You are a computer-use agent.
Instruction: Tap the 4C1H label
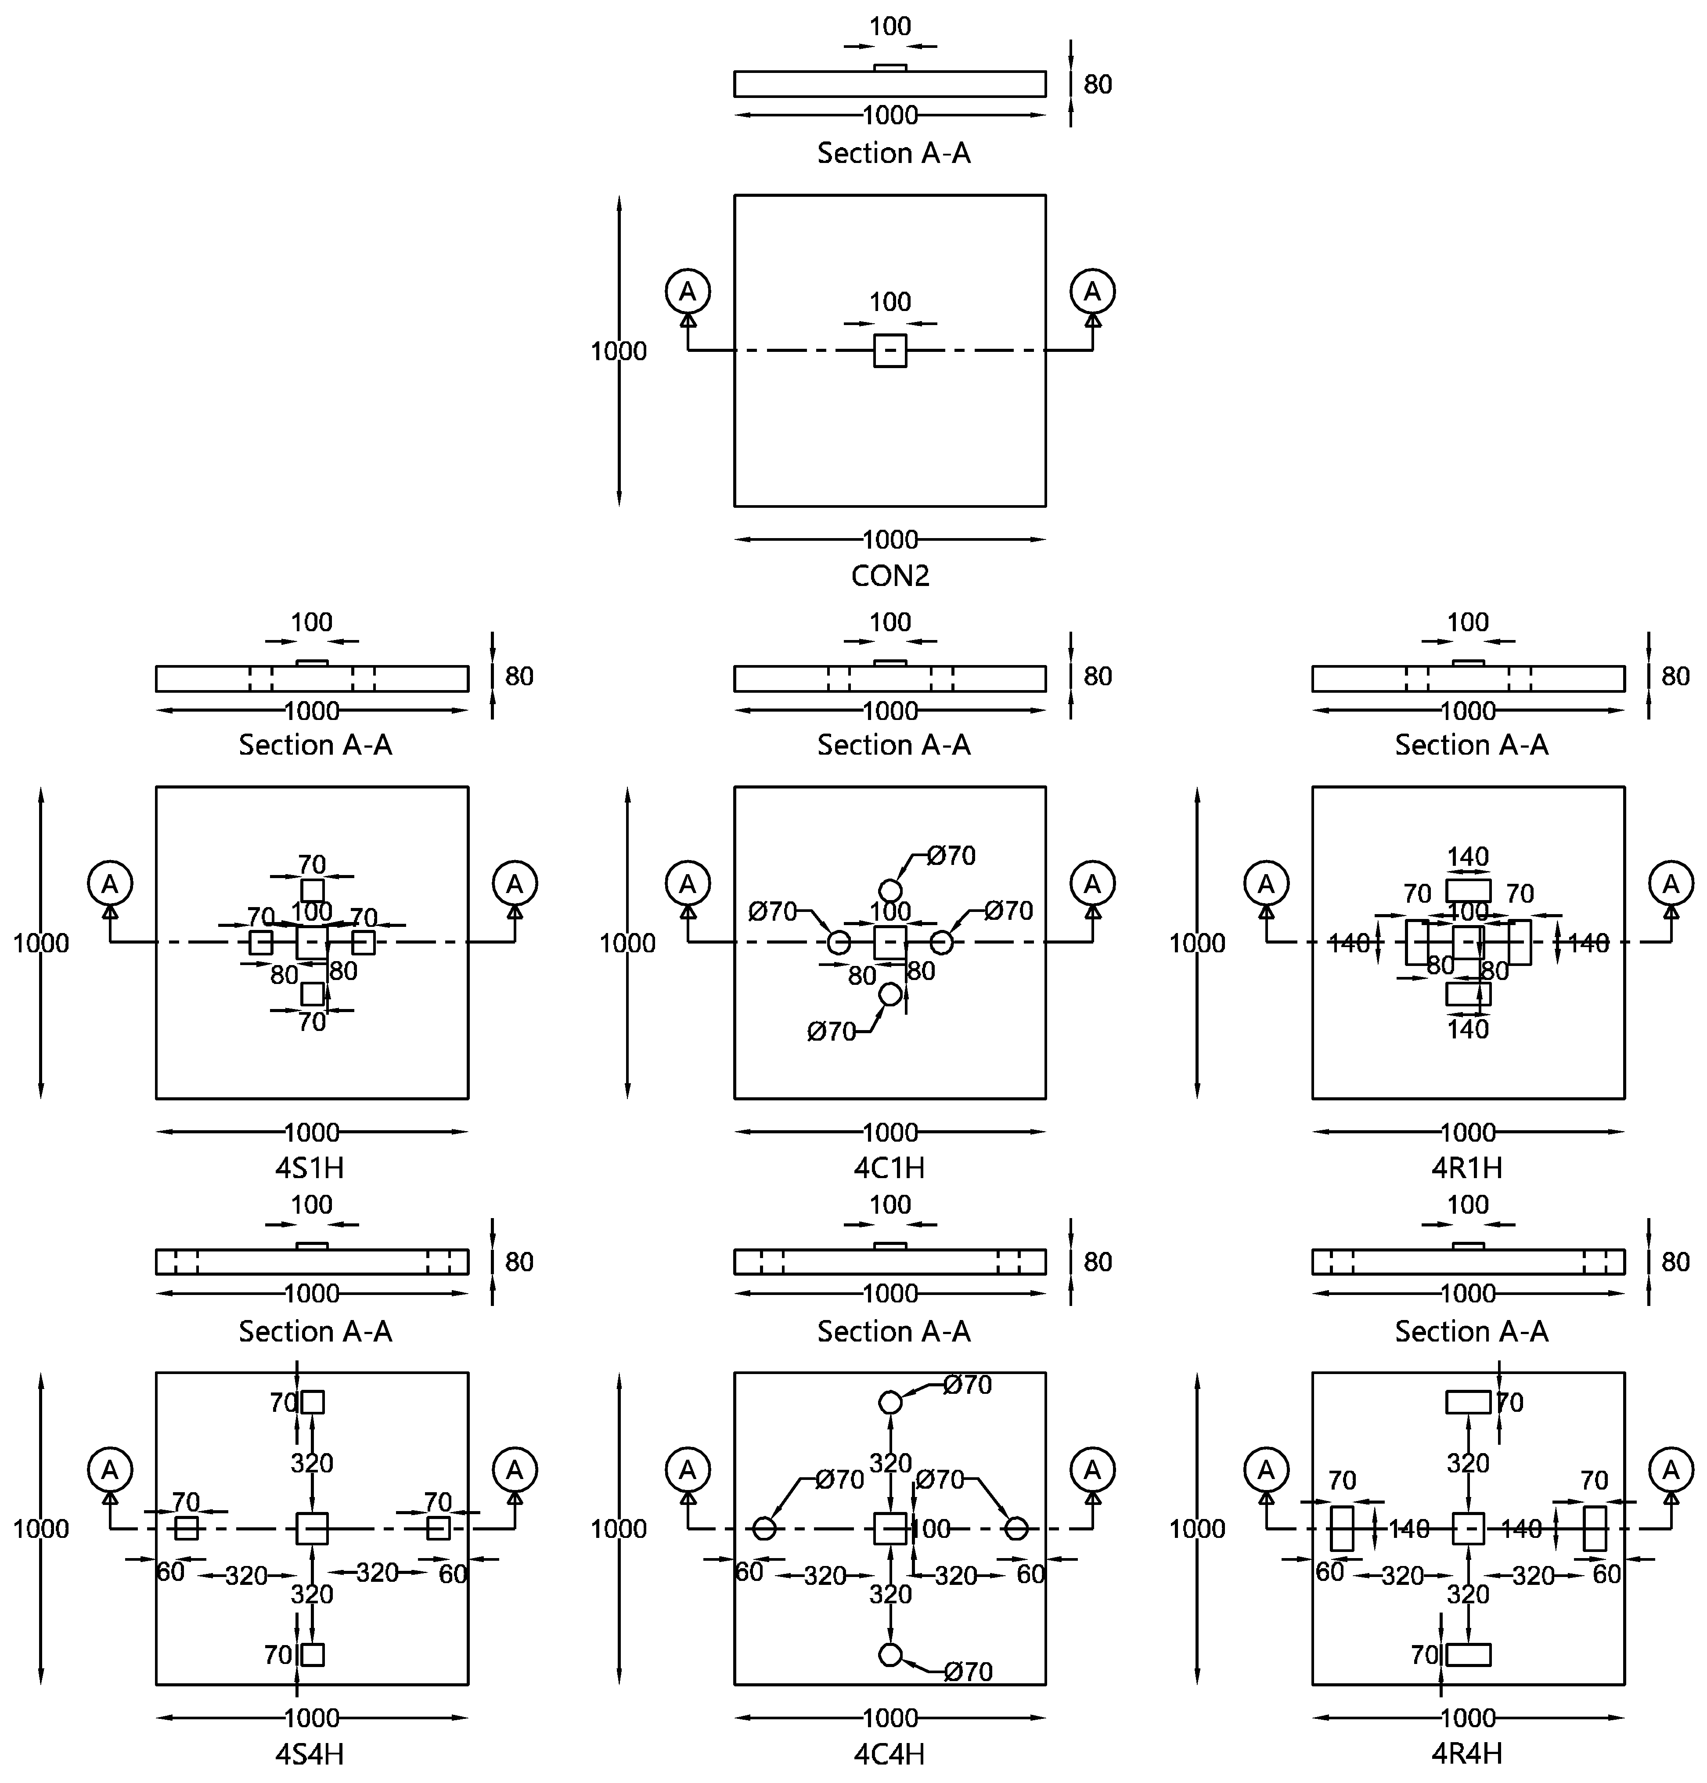click(890, 1167)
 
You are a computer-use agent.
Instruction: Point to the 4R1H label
click(1467, 1167)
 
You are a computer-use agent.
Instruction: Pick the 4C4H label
click(890, 1753)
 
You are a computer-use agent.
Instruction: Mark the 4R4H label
click(1467, 1753)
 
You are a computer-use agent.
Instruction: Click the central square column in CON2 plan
click(890, 350)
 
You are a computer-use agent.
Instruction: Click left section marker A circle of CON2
click(688, 291)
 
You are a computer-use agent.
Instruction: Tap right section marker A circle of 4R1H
click(1671, 883)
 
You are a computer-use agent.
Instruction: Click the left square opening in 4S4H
click(187, 1528)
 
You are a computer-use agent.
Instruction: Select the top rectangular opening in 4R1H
click(1468, 890)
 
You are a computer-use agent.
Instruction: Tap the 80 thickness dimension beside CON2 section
click(1098, 85)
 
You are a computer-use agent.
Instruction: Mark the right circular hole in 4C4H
click(1016, 1528)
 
